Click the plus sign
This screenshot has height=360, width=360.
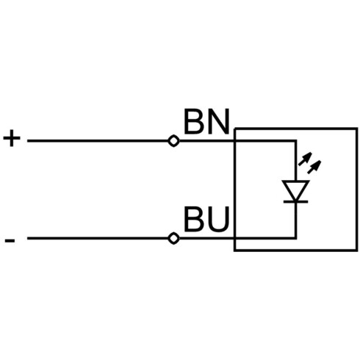[12, 138]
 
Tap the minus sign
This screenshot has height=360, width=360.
[10, 241]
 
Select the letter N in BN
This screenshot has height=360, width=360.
[217, 121]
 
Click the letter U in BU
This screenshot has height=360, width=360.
[217, 219]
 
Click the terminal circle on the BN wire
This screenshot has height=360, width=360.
[173, 141]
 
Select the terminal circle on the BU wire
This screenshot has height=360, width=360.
[173, 238]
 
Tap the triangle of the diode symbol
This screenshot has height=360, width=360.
[295, 190]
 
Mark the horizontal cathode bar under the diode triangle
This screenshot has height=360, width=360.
[295, 201]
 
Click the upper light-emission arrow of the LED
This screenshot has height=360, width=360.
[305, 159]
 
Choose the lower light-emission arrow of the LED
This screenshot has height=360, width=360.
[314, 167]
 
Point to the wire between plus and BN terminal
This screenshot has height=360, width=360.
[98, 141]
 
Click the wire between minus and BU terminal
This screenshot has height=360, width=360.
[98, 238]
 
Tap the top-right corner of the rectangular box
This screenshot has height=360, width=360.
[357, 129]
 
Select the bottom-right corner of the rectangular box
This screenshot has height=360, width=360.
[357, 251]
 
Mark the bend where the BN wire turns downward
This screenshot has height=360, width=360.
[295, 141]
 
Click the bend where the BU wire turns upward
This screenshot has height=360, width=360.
[295, 238]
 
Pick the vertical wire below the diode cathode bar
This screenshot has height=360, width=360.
[295, 220]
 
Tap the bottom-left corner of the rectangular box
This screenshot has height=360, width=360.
[234, 251]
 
